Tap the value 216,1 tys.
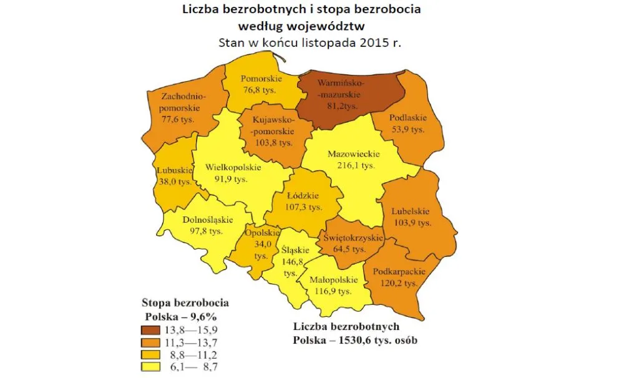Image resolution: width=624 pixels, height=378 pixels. (350, 165)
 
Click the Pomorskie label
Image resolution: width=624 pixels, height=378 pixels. (262, 79)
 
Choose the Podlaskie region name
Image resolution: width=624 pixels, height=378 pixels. (407, 118)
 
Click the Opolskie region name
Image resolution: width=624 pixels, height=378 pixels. (260, 233)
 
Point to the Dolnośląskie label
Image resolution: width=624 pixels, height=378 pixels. (208, 220)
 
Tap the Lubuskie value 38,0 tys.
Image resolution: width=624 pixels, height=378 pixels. (173, 182)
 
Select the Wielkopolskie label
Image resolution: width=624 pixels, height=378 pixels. (233, 167)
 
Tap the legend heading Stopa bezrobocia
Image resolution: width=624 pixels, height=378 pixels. (185, 303)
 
